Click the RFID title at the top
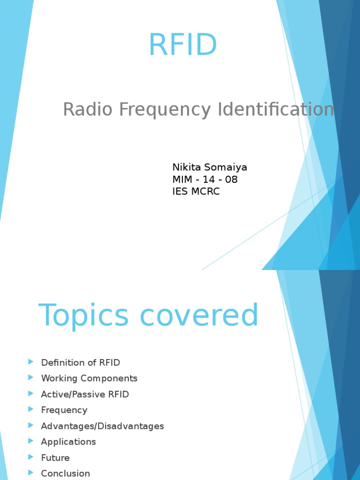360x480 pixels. (x=183, y=45)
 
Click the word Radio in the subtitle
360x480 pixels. (x=88, y=109)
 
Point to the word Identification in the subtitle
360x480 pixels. (x=276, y=109)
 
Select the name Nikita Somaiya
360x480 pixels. (x=210, y=167)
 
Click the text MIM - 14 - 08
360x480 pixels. (x=205, y=180)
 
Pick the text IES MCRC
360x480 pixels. (x=196, y=191)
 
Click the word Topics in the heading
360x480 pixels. (x=83, y=315)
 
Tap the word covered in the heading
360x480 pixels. (x=199, y=315)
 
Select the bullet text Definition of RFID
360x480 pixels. (x=81, y=362)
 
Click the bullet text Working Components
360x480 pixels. (x=89, y=378)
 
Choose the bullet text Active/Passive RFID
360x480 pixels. (x=85, y=394)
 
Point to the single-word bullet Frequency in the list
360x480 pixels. (x=64, y=410)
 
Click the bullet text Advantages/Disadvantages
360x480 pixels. (x=103, y=426)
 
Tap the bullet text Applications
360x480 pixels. (x=68, y=442)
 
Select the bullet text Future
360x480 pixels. (x=55, y=457)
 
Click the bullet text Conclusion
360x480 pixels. (x=66, y=473)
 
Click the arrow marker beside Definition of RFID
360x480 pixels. (x=30, y=362)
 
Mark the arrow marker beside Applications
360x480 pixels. (x=30, y=441)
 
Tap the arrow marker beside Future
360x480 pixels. (x=30, y=457)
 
